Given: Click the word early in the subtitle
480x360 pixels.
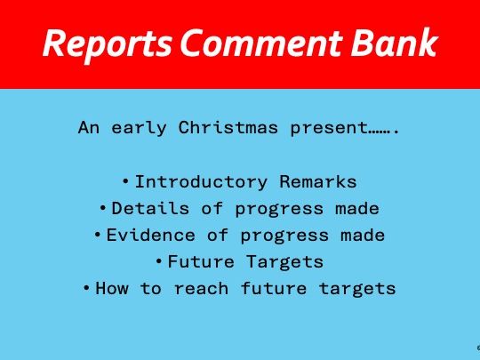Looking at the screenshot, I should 140,128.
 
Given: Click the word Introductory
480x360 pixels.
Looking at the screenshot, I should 201,182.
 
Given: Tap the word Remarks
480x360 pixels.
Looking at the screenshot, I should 318,182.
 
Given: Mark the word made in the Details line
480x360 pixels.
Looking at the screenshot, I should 358,209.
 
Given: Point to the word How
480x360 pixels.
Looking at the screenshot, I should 111,289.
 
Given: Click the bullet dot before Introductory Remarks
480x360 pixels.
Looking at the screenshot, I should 126,181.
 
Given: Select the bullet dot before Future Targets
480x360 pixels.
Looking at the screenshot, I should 159,261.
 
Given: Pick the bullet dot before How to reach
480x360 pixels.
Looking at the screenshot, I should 86,288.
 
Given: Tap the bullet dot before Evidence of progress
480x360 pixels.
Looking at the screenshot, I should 98,235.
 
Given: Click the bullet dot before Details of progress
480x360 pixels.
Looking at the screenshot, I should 103,208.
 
